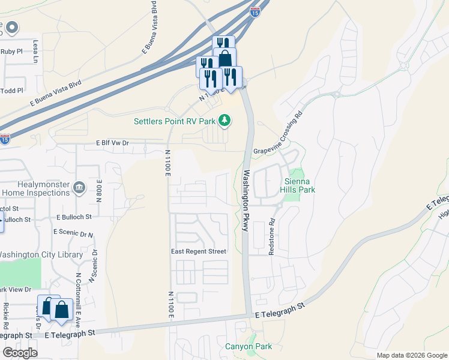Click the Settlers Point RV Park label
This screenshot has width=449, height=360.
pos(174,121)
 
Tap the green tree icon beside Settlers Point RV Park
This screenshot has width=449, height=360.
pos(224,121)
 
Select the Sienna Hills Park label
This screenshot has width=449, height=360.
pos(300,185)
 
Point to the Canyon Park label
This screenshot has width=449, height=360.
pos(249,346)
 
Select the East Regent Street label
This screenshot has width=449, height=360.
pos(199,251)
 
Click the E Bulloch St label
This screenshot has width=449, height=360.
pos(74,217)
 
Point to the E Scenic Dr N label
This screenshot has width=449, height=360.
pos(73,232)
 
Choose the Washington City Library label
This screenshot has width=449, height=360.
pos(40,254)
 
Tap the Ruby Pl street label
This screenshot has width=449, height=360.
pos(12,52)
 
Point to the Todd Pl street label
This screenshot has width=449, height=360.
pos(12,91)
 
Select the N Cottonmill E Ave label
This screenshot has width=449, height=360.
pos(78,296)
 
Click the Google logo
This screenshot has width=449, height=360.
pos(20,352)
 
